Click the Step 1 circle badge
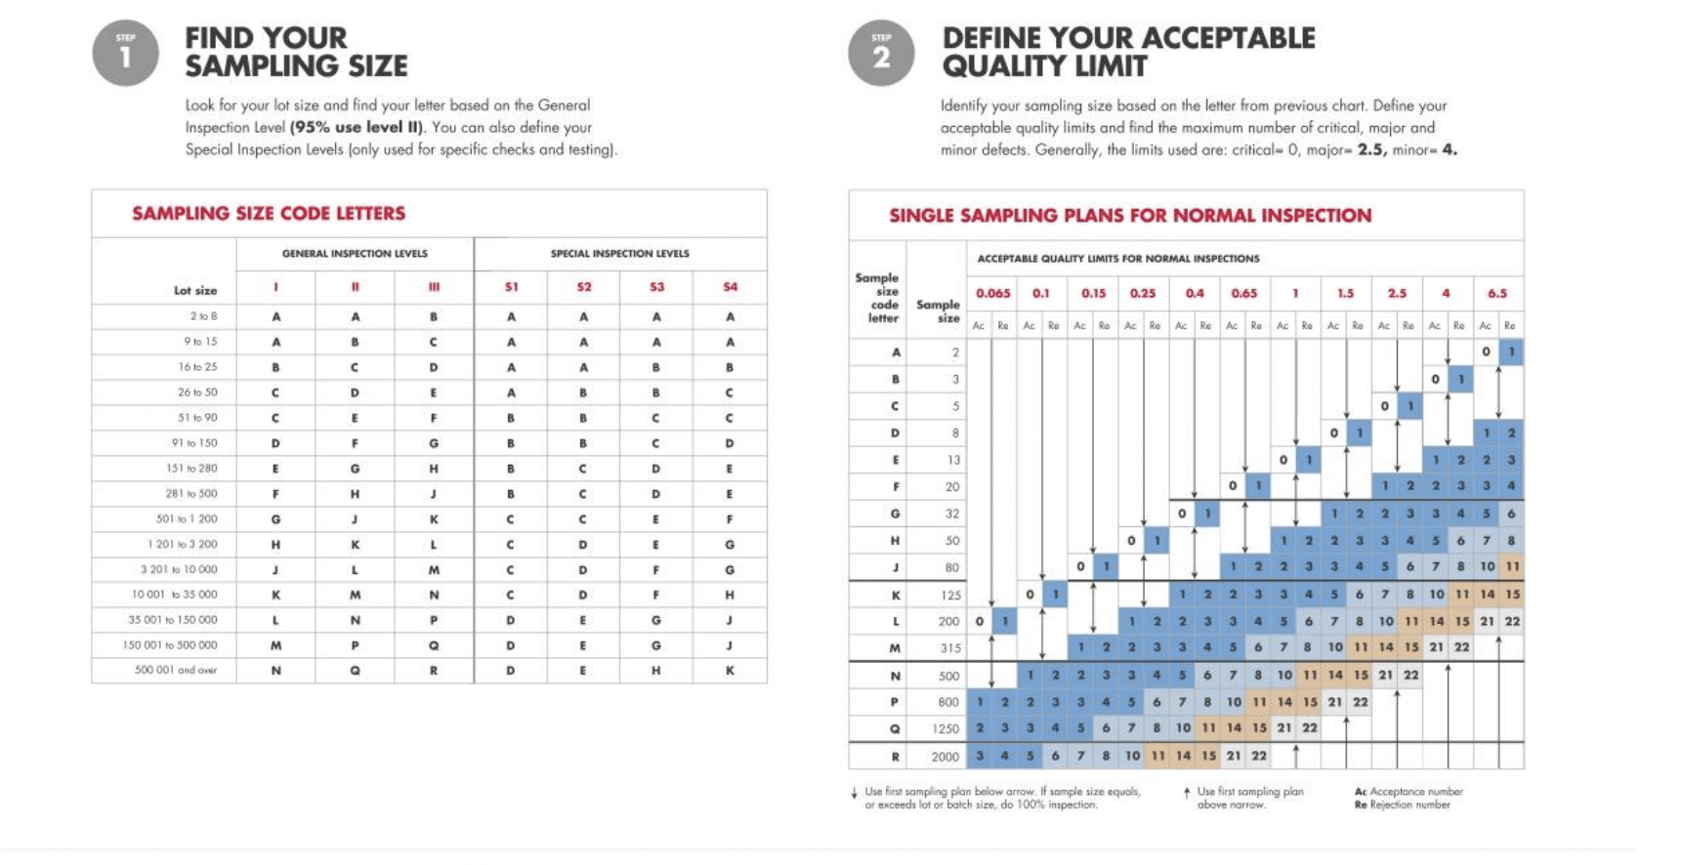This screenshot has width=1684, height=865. (x=125, y=53)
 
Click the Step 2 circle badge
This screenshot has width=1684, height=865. (x=881, y=53)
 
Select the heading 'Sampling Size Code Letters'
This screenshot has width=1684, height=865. (x=269, y=214)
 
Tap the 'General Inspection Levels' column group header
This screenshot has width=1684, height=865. (x=355, y=254)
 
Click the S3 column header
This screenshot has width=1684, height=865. (x=656, y=287)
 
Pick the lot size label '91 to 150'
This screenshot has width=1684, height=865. (x=194, y=443)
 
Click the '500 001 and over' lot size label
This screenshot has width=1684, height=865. (x=176, y=671)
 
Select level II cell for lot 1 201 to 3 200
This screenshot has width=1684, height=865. (x=355, y=545)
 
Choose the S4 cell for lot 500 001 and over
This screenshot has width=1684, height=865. (x=730, y=671)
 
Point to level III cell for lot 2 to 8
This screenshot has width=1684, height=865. (x=434, y=317)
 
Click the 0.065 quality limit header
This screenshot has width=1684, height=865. (x=992, y=293)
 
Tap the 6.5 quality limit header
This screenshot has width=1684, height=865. (x=1497, y=293)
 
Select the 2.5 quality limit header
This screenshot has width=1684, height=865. (x=1397, y=293)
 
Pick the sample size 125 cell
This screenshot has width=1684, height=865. (x=950, y=595)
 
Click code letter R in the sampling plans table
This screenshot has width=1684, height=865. (x=895, y=757)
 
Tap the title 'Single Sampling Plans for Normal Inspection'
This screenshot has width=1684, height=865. (x=1130, y=216)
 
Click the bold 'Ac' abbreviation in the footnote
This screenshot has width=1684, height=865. (x=1361, y=792)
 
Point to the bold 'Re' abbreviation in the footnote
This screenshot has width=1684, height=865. (x=1361, y=805)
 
